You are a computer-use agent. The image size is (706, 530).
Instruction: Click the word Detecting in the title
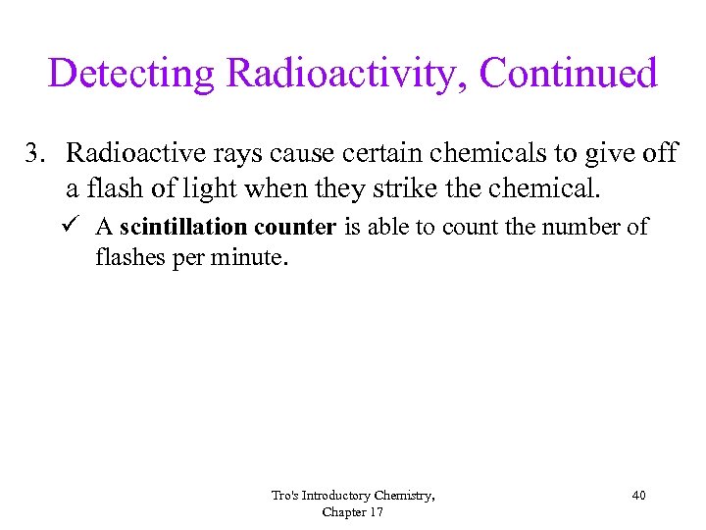131,75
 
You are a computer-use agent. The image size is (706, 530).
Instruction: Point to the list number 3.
35,155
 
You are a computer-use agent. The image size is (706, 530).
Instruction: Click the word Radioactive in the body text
127,155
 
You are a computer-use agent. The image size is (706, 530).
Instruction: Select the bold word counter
295,228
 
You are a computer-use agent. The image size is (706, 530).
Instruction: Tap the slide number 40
638,496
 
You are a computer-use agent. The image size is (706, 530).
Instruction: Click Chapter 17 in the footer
353,511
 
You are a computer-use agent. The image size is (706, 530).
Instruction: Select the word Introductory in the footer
338,496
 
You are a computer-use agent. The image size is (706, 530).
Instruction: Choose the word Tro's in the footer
285,496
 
